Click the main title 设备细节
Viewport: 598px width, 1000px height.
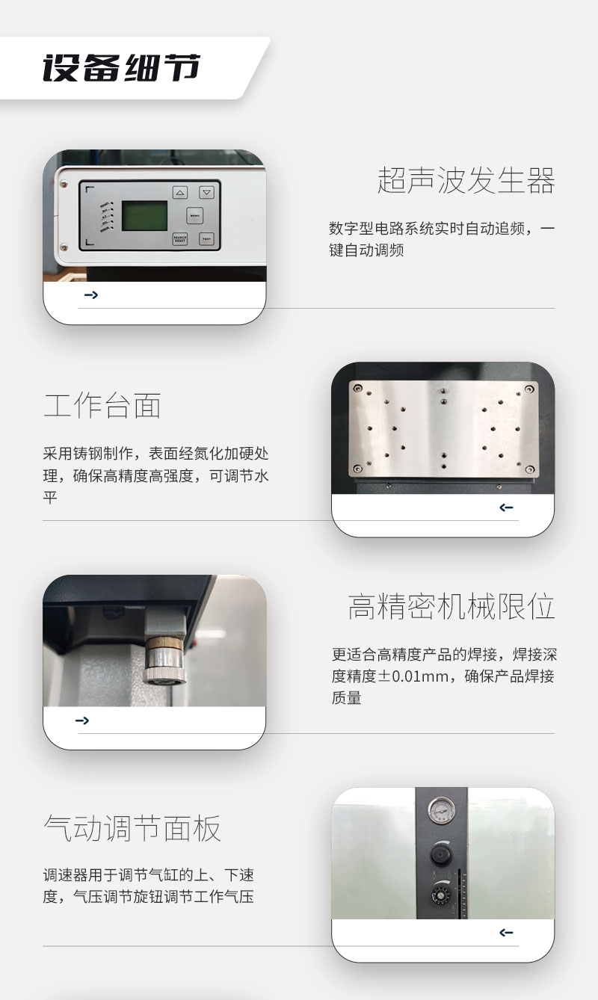pos(122,67)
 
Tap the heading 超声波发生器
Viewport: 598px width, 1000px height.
pos(466,181)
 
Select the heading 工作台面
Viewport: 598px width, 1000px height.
pos(102,405)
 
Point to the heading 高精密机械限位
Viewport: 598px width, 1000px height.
pos(451,606)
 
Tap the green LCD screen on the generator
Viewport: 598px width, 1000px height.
pos(145,216)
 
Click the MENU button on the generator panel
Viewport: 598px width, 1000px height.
pos(194,216)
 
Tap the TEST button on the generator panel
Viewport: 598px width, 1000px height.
pos(206,239)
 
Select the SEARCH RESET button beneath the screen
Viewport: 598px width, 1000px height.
pos(180,239)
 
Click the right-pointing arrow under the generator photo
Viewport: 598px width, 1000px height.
pos(91,294)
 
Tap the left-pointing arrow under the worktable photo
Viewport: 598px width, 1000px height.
pos(506,507)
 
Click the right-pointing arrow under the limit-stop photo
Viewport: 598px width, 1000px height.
pos(82,720)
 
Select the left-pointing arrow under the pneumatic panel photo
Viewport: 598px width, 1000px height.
pos(506,932)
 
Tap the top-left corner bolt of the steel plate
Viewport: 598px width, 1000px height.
pos(358,389)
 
